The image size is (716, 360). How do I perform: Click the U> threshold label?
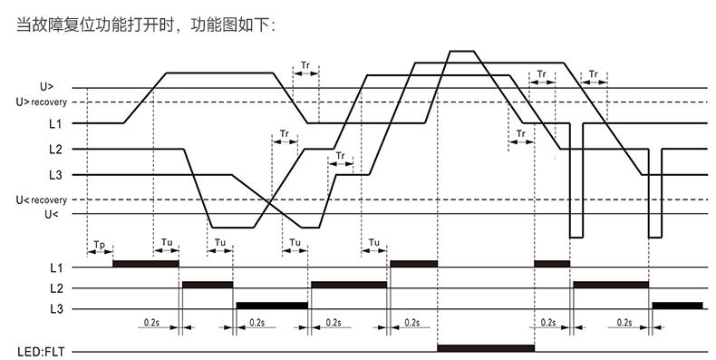point(47,87)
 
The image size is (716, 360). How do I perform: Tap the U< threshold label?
point(51,214)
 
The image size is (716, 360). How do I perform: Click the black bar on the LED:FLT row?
point(485,347)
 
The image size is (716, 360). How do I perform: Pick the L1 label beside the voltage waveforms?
point(55,122)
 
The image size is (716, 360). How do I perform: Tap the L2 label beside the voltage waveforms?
point(55,149)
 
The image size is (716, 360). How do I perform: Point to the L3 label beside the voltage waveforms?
point(55,174)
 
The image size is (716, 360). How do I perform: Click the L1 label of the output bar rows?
point(55,268)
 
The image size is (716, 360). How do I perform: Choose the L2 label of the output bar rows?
point(55,288)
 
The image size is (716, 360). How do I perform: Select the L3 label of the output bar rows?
point(55,309)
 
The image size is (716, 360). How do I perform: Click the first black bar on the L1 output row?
point(145,263)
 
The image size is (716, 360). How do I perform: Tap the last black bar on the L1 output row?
point(552,263)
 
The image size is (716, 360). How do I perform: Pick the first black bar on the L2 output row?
point(207,284)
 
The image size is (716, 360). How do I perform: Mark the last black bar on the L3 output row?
point(677,305)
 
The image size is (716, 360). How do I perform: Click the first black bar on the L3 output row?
point(271,305)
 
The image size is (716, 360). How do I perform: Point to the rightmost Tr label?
point(594,73)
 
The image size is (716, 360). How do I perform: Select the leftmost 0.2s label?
point(153,322)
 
